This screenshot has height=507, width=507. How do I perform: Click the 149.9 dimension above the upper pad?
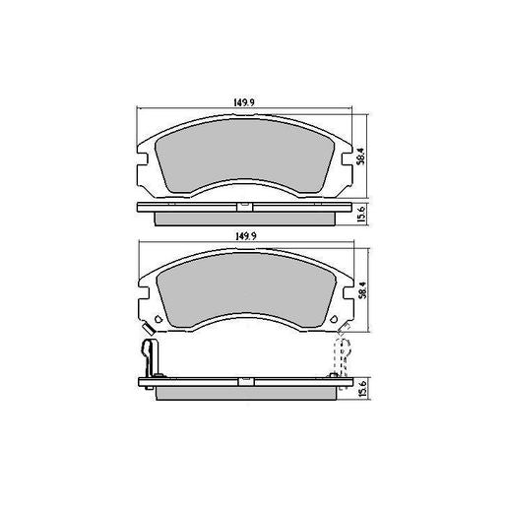240,100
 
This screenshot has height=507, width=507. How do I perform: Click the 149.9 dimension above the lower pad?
240,236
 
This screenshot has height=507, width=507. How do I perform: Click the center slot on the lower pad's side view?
240,380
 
